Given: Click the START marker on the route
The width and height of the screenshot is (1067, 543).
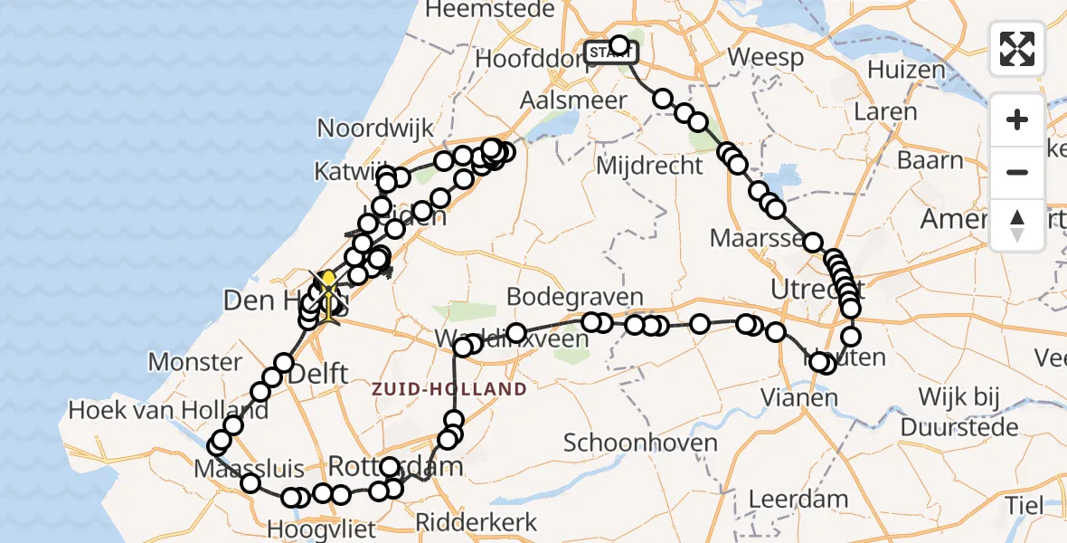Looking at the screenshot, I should [610, 52].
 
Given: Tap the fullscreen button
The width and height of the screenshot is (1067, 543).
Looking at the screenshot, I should [1017, 49].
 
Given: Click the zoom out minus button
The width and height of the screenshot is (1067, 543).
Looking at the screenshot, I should [1017, 172].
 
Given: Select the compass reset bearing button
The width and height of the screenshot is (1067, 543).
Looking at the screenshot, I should [1017, 224].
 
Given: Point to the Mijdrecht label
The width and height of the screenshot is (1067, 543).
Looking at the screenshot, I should [649, 166].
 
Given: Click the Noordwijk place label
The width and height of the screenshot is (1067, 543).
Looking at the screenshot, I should [375, 128].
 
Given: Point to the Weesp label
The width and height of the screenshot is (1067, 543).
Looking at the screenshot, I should [765, 58].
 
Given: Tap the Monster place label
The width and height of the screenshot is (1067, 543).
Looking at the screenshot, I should [194, 362].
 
